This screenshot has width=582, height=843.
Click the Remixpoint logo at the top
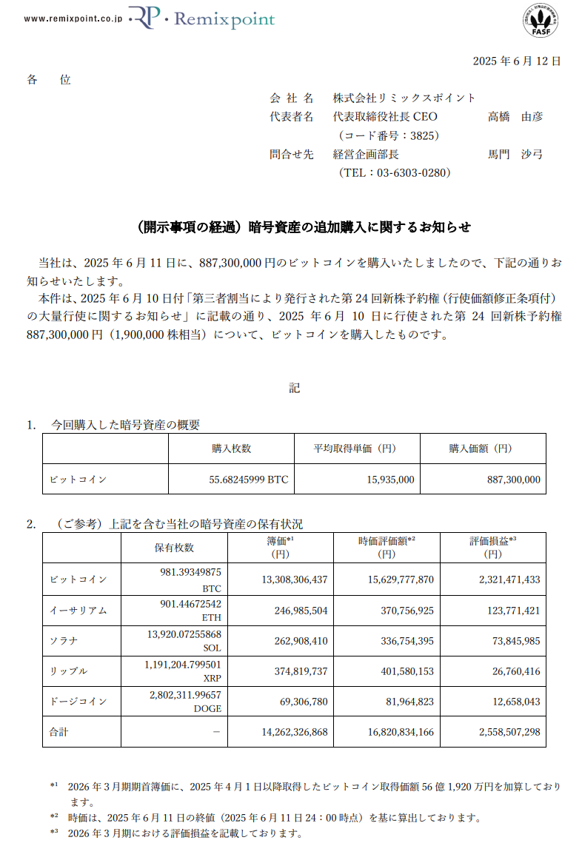[201, 19]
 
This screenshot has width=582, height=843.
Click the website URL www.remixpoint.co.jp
[73, 19]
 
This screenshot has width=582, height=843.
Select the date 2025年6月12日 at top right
[516, 61]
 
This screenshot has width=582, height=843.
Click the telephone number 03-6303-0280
[395, 172]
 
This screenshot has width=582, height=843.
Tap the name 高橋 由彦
[515, 117]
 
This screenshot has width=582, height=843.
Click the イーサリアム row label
[78, 611]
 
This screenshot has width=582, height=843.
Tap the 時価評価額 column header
[386, 546]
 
